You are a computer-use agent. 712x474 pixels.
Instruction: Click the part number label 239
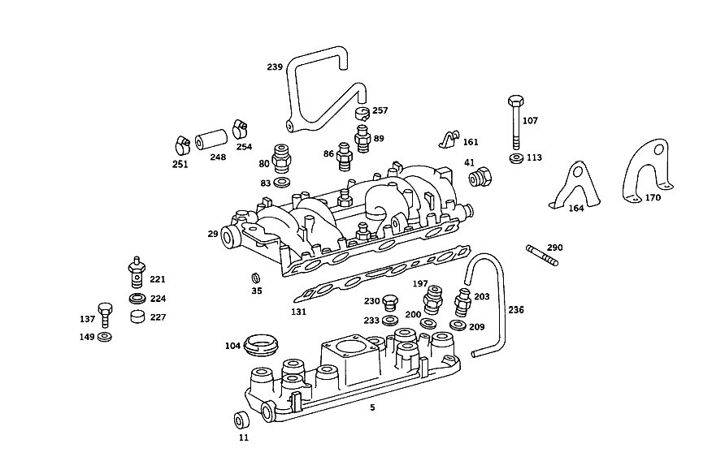pos(275,67)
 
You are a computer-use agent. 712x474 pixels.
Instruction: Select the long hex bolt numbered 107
pos(516,122)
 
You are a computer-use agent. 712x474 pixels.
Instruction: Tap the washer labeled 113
pos(516,159)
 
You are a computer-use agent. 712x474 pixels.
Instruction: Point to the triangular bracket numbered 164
pos(575,186)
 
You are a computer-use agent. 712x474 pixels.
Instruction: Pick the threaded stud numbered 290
pos(541,255)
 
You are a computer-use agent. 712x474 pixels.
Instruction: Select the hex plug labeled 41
pos(480,176)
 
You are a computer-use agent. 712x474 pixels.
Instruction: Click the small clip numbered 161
pos(449,140)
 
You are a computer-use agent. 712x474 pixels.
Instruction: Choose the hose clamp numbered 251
pos(183,145)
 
